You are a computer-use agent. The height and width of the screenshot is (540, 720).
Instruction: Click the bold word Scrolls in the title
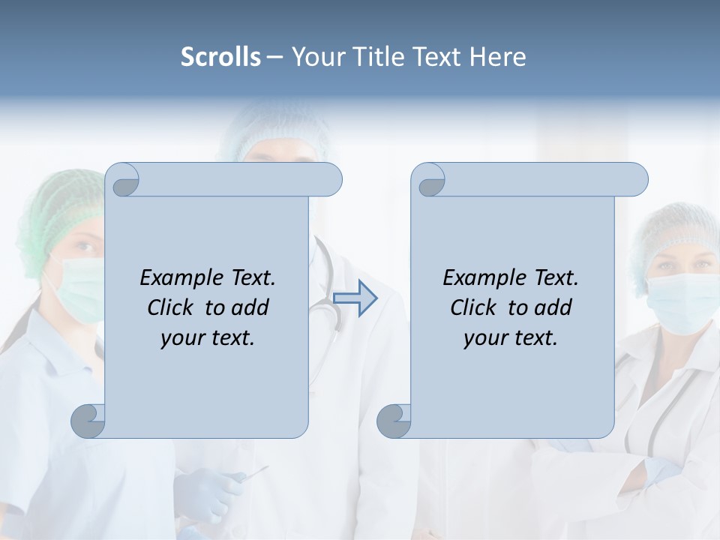coord(220,57)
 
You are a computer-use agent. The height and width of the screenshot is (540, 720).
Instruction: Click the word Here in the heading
coord(498,57)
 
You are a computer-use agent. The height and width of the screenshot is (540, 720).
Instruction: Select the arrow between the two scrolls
coord(355,298)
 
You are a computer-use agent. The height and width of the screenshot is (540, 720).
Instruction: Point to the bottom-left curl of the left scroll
coord(88,421)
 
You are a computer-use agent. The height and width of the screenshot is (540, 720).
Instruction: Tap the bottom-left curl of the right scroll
coord(394,421)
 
